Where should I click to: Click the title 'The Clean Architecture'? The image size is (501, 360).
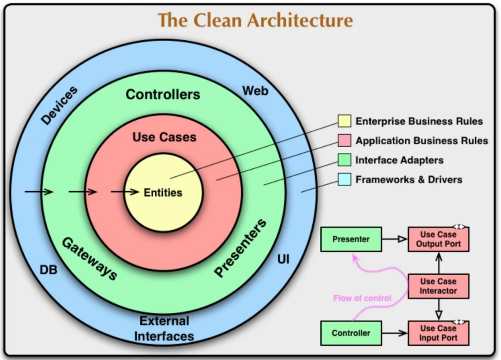click(x=255, y=20)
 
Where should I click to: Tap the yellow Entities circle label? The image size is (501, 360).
click(x=163, y=193)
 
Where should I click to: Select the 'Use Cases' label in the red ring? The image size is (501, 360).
click(x=164, y=137)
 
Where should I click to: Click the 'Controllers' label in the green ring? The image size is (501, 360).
click(x=163, y=94)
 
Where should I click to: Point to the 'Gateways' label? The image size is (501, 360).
click(x=89, y=259)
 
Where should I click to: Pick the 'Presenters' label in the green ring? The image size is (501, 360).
click(x=241, y=248)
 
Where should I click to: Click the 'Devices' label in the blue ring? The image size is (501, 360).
click(x=59, y=106)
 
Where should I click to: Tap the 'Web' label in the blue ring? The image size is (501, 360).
click(x=255, y=91)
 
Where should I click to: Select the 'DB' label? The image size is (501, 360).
click(x=48, y=270)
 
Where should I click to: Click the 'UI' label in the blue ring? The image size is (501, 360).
click(x=283, y=260)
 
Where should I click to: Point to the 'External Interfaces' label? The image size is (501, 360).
click(x=164, y=328)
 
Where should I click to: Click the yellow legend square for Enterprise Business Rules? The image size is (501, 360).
click(x=344, y=121)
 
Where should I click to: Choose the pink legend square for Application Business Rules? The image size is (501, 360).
click(x=344, y=141)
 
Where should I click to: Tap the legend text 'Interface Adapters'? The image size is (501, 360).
click(x=399, y=160)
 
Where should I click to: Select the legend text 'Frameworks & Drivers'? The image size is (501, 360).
click(x=409, y=180)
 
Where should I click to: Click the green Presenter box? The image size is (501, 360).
click(x=351, y=239)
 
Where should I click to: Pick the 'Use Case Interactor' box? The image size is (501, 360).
click(x=438, y=286)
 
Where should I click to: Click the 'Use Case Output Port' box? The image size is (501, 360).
click(x=438, y=239)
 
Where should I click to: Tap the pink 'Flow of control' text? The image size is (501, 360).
click(x=362, y=298)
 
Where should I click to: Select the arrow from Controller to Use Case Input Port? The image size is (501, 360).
click(x=394, y=333)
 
